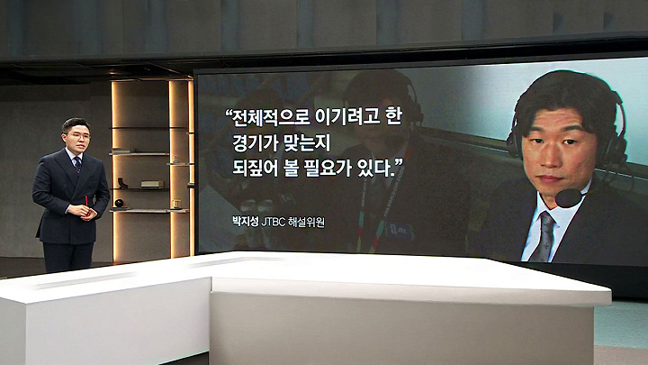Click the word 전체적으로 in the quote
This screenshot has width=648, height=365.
tap(271, 117)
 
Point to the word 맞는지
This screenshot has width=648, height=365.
tap(308, 143)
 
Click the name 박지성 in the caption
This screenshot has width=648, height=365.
tap(246, 222)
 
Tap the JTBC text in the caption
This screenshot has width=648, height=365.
tap(274, 222)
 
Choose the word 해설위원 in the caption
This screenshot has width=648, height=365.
tap(307, 222)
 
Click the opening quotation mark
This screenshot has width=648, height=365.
tap(228, 113)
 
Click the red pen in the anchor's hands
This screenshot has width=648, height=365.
tap(86, 202)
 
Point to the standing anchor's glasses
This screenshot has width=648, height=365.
tap(78, 136)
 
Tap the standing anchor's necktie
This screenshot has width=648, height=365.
tap(77, 164)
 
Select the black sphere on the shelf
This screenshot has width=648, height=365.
tap(119, 203)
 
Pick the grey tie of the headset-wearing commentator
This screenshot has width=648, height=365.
tap(544, 237)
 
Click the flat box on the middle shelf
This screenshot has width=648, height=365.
tap(152, 184)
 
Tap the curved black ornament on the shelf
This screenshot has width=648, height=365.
tap(121, 182)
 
